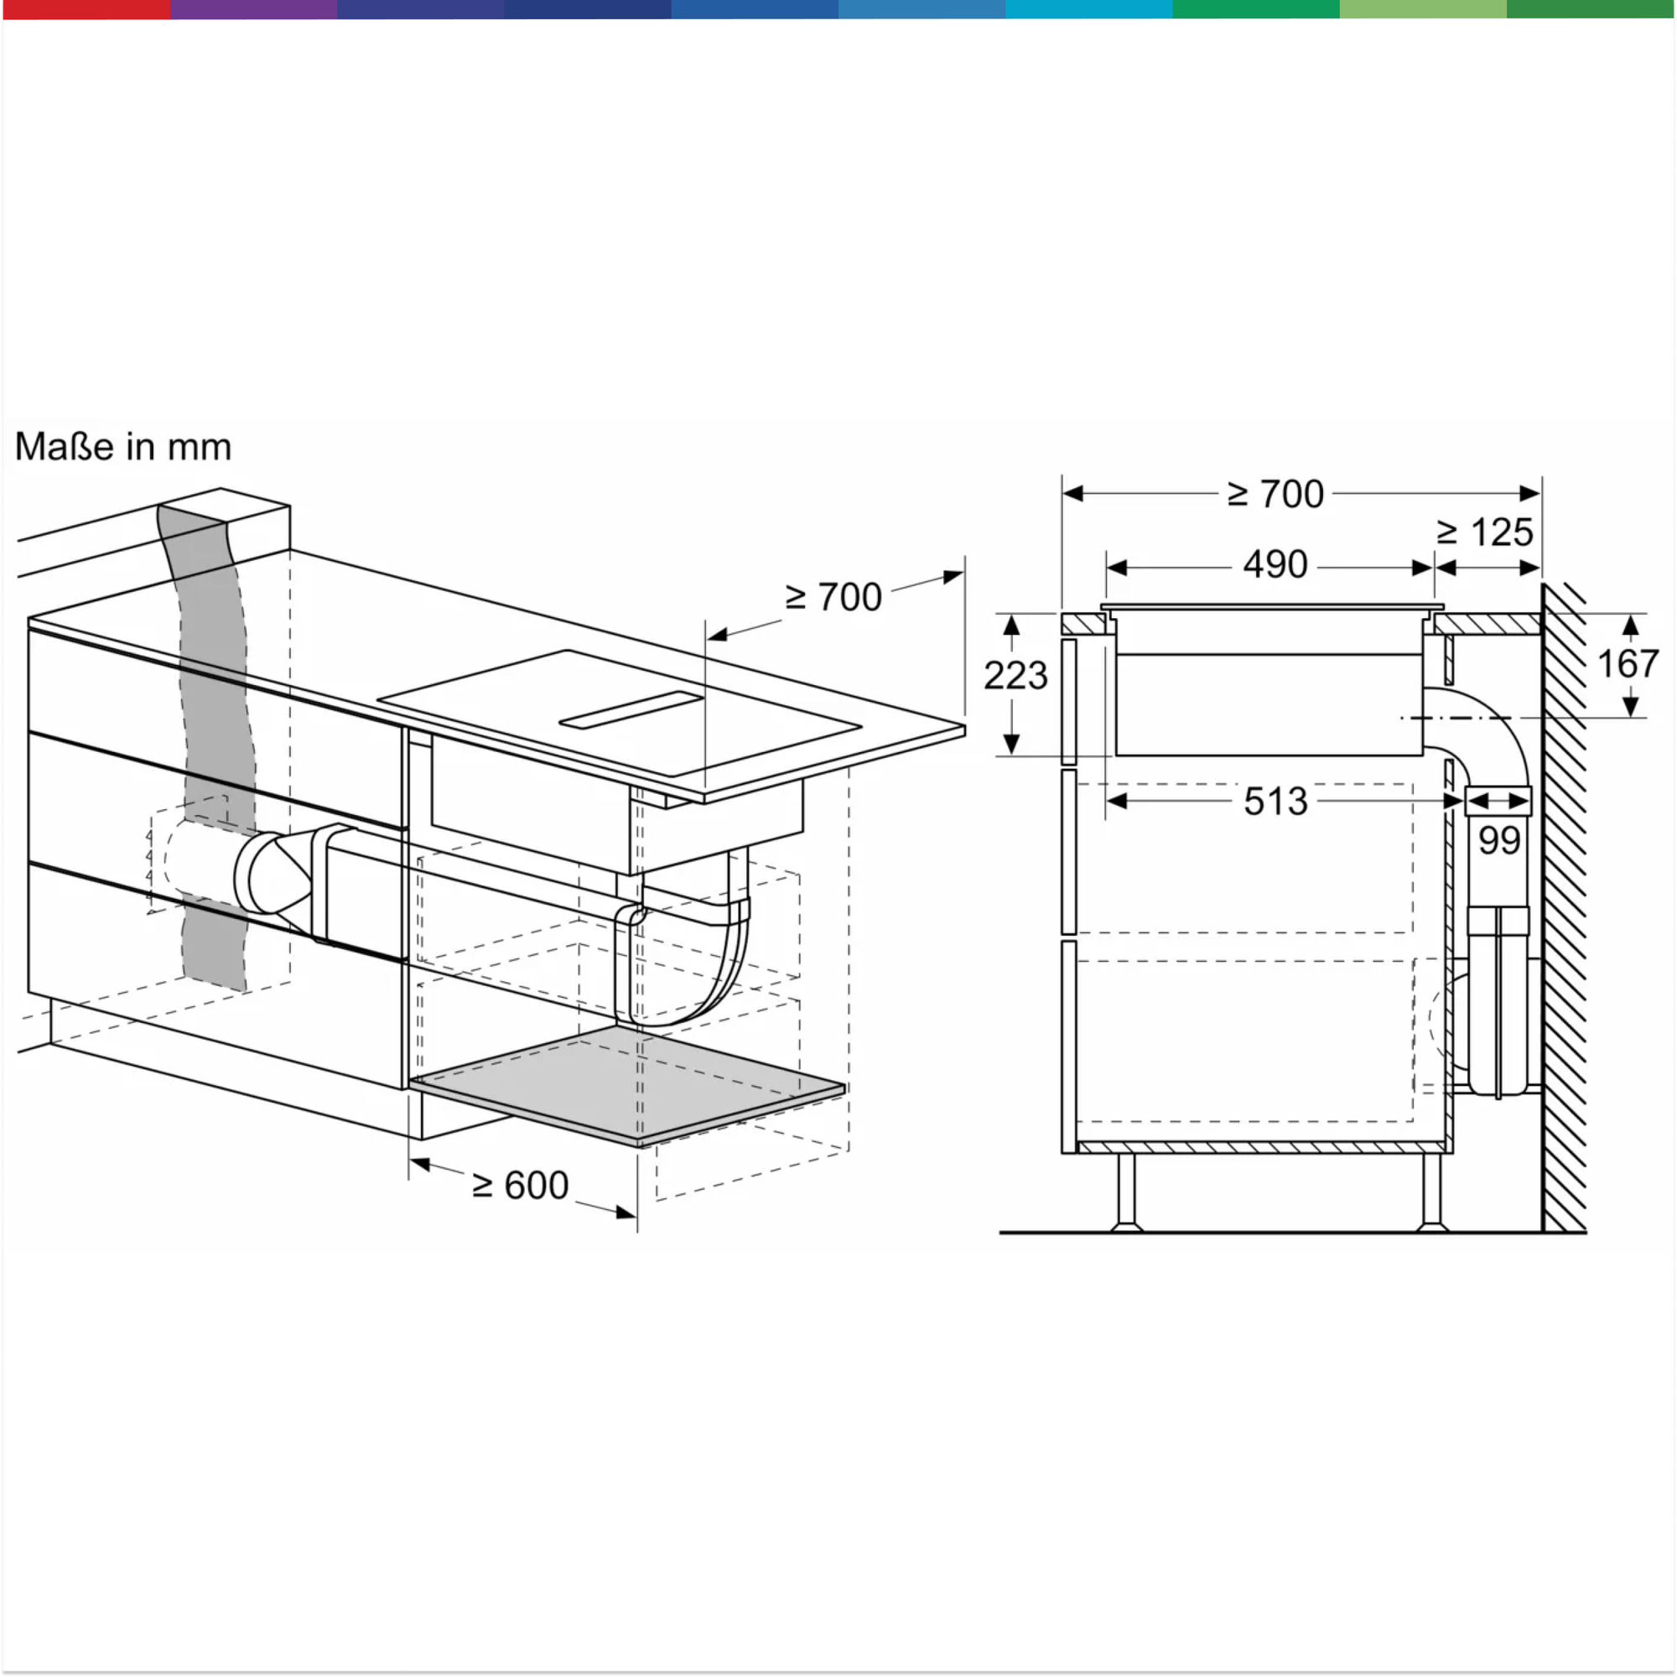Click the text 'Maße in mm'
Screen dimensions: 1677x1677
pos(123,447)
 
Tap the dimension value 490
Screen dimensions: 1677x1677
pos(1275,565)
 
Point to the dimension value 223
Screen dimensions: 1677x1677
pos(1015,675)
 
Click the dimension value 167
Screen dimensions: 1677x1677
pos(1628,664)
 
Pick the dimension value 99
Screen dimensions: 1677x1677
pos(1500,840)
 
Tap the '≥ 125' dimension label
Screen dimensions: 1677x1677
pos(1485,532)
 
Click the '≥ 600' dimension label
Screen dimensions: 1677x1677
pos(520,1186)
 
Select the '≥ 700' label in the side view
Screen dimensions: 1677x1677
pos(1275,494)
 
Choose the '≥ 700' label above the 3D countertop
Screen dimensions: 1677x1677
pos(833,597)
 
